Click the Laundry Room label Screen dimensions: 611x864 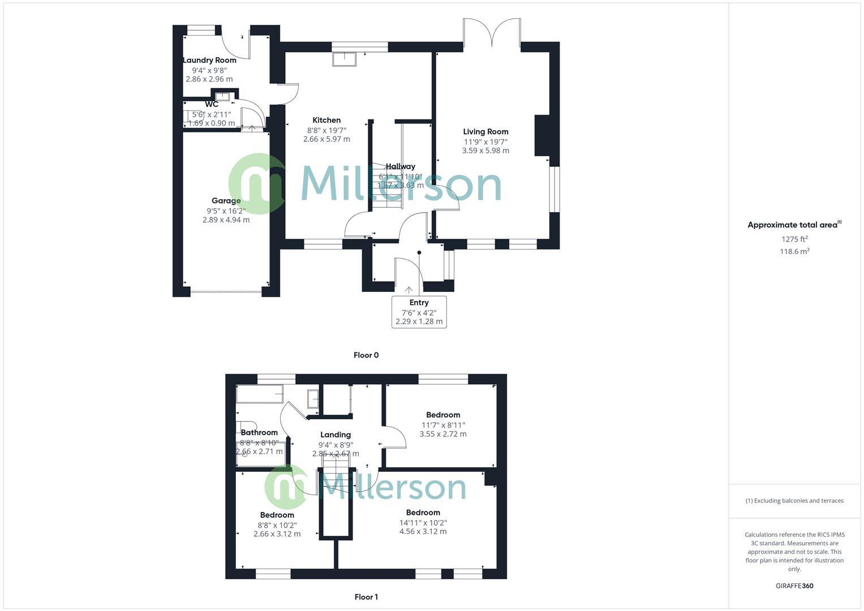pyautogui.click(x=209, y=60)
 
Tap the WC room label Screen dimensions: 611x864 pyautogui.click(x=212, y=105)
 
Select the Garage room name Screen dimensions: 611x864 pyautogui.click(x=226, y=200)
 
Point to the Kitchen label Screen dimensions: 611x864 pyautogui.click(x=326, y=120)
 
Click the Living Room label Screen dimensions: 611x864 pyautogui.click(x=485, y=132)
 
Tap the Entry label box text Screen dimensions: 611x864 pyautogui.click(x=419, y=303)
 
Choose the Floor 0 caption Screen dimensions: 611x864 pyautogui.click(x=366, y=355)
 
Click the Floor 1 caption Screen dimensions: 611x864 pyautogui.click(x=366, y=597)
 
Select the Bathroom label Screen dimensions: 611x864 pyautogui.click(x=259, y=433)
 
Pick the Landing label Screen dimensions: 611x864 pyautogui.click(x=336, y=434)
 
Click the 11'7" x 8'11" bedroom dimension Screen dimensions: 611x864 pyautogui.click(x=443, y=425)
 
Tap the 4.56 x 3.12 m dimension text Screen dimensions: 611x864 pyautogui.click(x=423, y=532)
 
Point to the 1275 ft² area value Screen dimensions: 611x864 pyautogui.click(x=794, y=239)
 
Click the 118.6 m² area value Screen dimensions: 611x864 pyautogui.click(x=794, y=252)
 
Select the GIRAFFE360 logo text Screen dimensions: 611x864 pyautogui.click(x=794, y=586)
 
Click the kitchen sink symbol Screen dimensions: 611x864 pyautogui.click(x=344, y=59)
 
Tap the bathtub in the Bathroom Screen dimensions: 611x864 pyautogui.click(x=260, y=394)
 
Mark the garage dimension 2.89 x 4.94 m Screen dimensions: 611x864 pyautogui.click(x=226, y=220)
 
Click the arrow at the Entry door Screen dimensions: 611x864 pyautogui.click(x=409, y=290)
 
